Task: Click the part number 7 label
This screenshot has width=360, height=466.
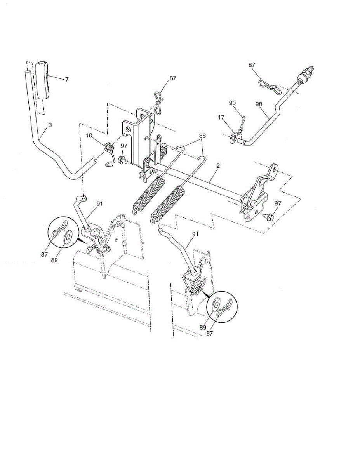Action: click(x=67, y=79)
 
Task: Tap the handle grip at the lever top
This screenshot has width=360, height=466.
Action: click(x=43, y=80)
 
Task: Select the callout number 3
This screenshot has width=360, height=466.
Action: click(x=50, y=125)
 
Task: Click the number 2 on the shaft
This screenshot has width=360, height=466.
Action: click(x=218, y=166)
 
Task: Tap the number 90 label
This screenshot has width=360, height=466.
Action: click(x=233, y=103)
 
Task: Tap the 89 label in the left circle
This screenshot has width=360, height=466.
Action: click(x=54, y=260)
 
